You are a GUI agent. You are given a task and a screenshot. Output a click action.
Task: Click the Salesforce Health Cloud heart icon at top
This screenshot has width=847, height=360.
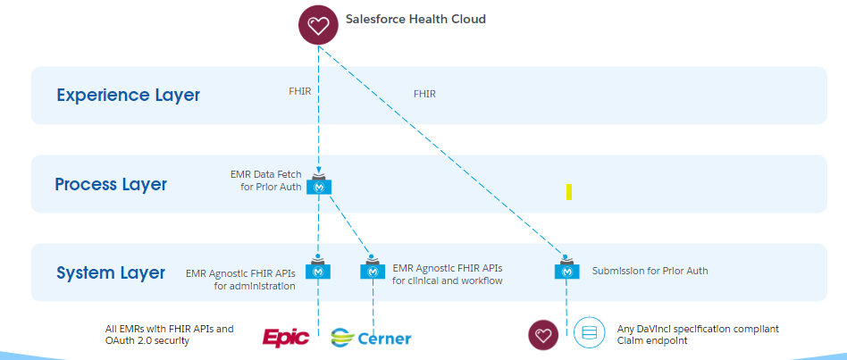(x=318, y=25)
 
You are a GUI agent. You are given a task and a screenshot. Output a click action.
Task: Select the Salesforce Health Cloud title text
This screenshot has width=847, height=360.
(x=415, y=19)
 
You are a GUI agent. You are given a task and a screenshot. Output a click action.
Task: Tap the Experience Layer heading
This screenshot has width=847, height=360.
(x=128, y=95)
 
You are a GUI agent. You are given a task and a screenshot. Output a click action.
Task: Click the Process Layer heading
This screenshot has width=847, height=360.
(x=111, y=184)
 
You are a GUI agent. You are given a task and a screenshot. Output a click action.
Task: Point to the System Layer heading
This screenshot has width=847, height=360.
(x=111, y=272)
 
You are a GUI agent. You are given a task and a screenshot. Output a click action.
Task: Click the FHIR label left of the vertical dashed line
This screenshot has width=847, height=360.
(x=299, y=90)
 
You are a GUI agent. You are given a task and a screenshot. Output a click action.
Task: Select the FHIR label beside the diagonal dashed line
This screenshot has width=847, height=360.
(x=424, y=93)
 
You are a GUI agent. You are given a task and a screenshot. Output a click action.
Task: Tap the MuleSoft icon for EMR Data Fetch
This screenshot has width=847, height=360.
(x=319, y=186)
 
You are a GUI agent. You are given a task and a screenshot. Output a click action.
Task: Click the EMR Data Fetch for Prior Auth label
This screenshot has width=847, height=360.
(x=272, y=180)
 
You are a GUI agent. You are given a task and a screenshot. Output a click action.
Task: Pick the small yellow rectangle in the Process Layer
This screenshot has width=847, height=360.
(x=568, y=191)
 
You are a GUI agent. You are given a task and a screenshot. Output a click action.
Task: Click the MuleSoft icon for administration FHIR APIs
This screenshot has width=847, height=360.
(x=318, y=270)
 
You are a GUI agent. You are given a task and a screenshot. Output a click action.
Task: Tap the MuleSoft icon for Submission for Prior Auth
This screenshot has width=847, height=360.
(x=566, y=270)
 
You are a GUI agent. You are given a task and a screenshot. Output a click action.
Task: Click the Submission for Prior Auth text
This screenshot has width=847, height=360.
(x=650, y=270)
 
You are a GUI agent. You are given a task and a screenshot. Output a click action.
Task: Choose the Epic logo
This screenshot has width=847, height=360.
(x=286, y=337)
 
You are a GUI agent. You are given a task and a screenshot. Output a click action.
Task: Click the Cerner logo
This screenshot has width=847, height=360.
(x=371, y=337)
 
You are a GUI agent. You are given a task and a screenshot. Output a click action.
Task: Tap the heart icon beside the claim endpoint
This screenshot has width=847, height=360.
(x=543, y=334)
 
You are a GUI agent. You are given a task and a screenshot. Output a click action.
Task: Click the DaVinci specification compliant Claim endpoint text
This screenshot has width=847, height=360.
(x=697, y=334)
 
